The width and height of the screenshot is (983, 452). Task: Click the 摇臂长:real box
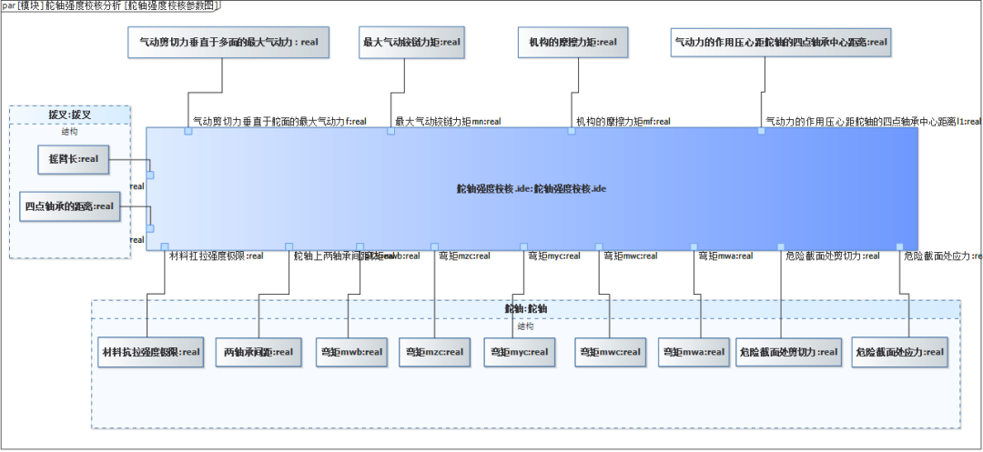[73, 160]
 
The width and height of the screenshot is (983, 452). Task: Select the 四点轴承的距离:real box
[70, 206]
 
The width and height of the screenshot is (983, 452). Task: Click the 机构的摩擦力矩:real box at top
[573, 42]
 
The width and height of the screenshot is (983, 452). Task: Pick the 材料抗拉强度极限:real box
[149, 352]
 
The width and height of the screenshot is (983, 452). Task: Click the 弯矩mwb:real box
[351, 352]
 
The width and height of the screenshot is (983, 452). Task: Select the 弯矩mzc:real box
[434, 352]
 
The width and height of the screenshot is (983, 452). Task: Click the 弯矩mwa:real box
[694, 352]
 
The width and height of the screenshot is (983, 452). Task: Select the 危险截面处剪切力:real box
[788, 352]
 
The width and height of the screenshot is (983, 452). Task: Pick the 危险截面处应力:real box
[899, 352]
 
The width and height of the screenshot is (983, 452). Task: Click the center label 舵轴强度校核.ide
[532, 189]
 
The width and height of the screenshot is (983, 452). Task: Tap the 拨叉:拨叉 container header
[70, 115]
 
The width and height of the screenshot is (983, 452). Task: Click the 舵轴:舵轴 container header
[526, 309]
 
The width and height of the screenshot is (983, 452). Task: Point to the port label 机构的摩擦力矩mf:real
[623, 121]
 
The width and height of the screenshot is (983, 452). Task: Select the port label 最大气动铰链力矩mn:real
[448, 121]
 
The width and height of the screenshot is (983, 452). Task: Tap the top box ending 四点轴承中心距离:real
[780, 42]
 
